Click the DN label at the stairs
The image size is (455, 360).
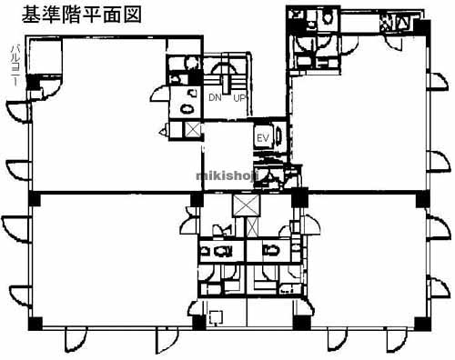coord(215,96)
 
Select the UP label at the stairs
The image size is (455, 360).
coord(240,96)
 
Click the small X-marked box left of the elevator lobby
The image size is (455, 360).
coord(192,130)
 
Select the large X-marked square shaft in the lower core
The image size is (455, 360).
coord(247,205)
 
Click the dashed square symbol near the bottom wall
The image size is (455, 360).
coord(215,317)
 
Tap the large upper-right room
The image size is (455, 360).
coord(359,118)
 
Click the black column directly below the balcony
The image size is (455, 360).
coord(34,85)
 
